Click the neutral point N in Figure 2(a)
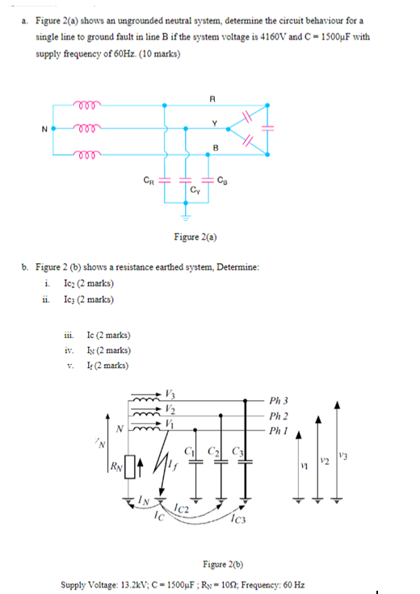(53, 128)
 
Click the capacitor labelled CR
(165, 182)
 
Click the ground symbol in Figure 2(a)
(186, 218)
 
